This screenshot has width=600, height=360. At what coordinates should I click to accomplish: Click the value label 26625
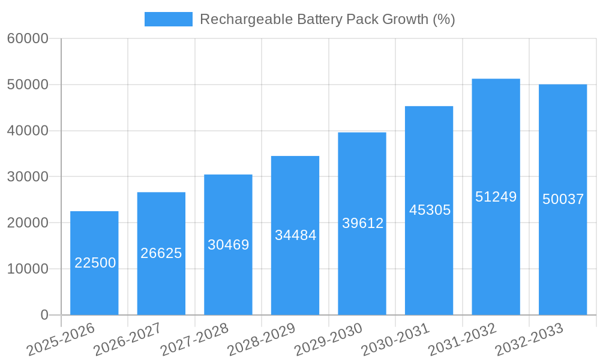(161, 253)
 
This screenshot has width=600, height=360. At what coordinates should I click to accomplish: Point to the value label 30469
(228, 245)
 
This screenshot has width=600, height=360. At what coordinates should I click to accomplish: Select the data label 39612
(362, 223)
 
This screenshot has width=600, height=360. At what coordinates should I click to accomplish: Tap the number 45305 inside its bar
(430, 210)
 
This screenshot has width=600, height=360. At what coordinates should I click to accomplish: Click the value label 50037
(563, 199)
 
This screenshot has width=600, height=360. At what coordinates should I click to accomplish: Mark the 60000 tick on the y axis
(28, 39)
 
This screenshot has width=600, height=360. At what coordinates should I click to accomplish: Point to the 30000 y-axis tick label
(28, 177)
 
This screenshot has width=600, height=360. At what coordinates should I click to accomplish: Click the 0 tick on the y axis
(44, 315)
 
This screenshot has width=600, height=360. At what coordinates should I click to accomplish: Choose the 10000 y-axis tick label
(28, 269)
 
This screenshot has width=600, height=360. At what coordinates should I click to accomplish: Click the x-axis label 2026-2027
(127, 338)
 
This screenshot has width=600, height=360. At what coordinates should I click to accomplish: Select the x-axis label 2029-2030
(329, 338)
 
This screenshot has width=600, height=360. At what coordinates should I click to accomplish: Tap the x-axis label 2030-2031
(396, 338)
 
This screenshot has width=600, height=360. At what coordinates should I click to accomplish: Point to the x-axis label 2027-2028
(194, 338)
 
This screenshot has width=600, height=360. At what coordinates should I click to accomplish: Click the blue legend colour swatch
(168, 19)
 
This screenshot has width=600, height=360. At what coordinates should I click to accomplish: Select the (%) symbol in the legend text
(443, 19)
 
